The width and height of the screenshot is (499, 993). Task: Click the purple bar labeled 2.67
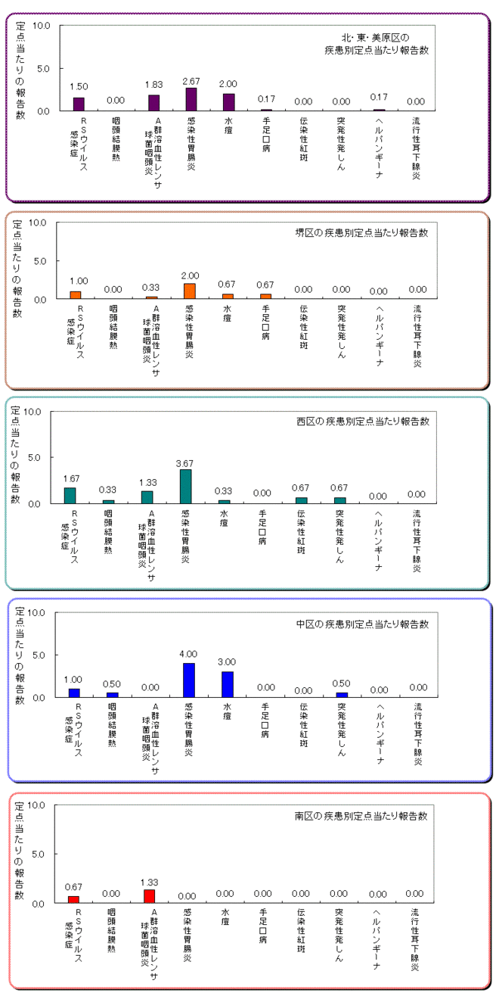[x=191, y=99]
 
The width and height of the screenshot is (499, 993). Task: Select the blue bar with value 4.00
[x=189, y=680]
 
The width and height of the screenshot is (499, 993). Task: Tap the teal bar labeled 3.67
[x=185, y=486]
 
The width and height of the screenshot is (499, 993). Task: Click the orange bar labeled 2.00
[x=189, y=291]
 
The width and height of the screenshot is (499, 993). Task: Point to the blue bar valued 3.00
[x=228, y=683]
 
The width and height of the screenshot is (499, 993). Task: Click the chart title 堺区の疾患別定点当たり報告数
[x=361, y=233]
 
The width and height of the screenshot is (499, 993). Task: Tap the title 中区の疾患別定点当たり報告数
[x=362, y=624]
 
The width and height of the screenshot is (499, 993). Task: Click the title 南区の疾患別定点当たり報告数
[x=361, y=817]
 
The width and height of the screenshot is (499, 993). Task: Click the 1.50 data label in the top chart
[x=79, y=87]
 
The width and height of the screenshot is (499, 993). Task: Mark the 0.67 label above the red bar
[x=73, y=887]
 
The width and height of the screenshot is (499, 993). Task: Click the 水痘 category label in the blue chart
[x=227, y=712]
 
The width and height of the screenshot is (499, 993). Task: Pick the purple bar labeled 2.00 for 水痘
[x=228, y=102]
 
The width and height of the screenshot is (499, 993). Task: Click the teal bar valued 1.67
[x=70, y=495]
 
